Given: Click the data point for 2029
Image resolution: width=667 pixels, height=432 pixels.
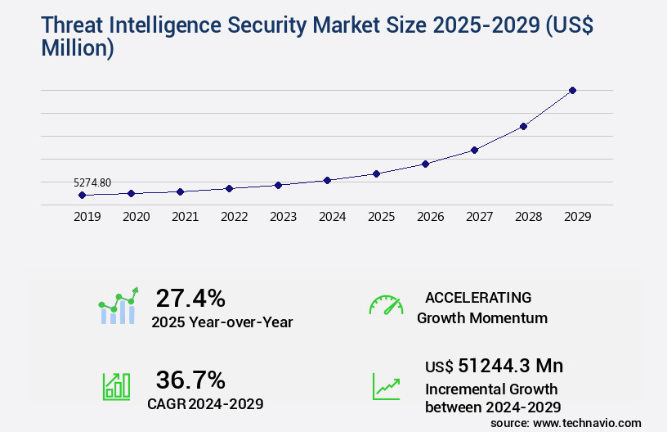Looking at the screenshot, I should pyautogui.click(x=572, y=90).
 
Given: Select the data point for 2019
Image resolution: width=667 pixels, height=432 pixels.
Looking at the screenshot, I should pyautogui.click(x=82, y=195).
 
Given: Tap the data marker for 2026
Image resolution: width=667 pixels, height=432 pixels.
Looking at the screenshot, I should pyautogui.click(x=425, y=164).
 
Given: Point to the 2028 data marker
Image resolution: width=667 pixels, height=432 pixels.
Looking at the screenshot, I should pyautogui.click(x=523, y=126).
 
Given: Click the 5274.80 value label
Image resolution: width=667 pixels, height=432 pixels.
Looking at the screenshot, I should pyautogui.click(x=92, y=182).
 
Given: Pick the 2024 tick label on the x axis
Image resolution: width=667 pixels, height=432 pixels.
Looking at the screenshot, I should pyautogui.click(x=332, y=217).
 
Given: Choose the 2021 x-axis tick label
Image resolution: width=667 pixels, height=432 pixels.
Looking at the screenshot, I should pyautogui.click(x=185, y=217).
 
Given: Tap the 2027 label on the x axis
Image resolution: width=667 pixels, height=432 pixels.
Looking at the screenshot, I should pyautogui.click(x=479, y=217).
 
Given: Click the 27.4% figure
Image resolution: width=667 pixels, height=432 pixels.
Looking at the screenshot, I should pyautogui.click(x=190, y=298).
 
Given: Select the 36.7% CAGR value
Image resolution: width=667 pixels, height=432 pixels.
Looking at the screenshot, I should pyautogui.click(x=190, y=380).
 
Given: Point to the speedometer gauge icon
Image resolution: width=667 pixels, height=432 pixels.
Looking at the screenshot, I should pyautogui.click(x=386, y=305).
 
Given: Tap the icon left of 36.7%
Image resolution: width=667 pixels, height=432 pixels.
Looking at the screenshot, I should pyautogui.click(x=116, y=386).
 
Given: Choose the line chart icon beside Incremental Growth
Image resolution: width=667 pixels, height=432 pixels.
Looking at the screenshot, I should pyautogui.click(x=386, y=386).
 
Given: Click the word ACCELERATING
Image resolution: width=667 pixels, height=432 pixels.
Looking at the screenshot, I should pyautogui.click(x=478, y=297).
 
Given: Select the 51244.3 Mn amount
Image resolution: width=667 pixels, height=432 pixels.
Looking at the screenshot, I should pyautogui.click(x=511, y=366).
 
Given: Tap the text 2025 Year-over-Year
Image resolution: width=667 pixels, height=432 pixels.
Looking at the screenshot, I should pyautogui.click(x=222, y=322).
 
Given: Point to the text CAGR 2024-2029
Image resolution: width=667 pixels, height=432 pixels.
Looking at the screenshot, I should pyautogui.click(x=205, y=403).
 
